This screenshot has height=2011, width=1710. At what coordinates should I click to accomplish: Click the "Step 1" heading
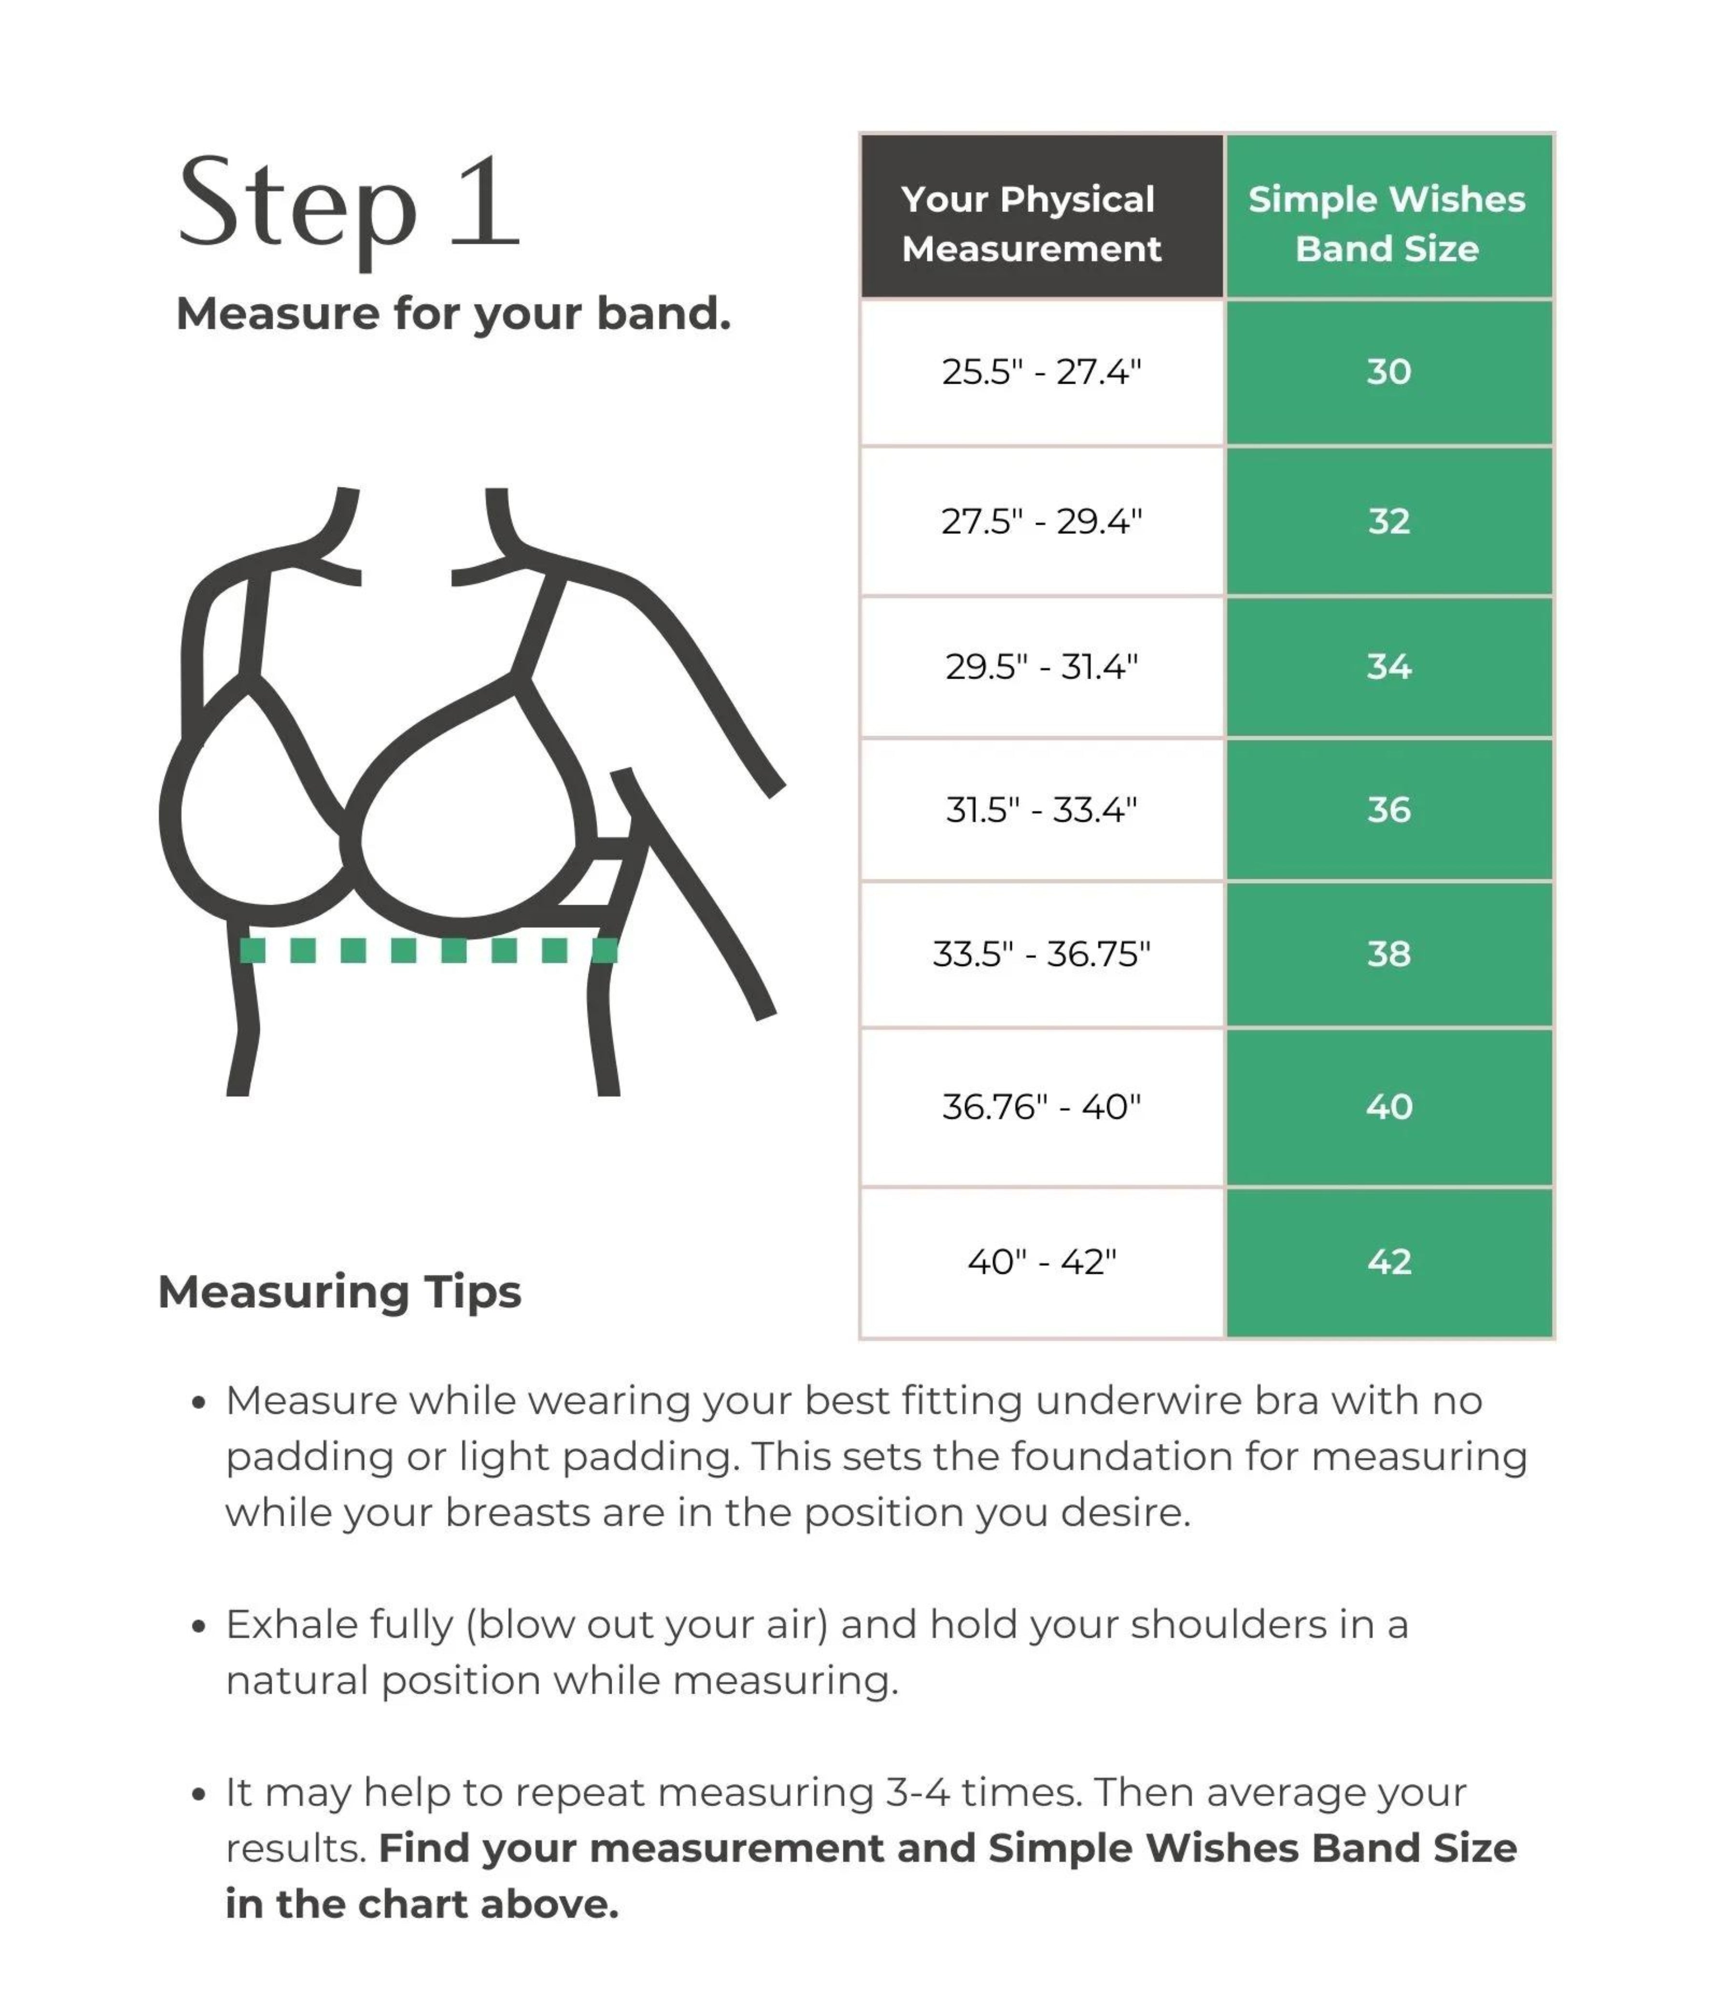pos(349,206)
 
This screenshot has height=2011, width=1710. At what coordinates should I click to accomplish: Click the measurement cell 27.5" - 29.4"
pos(1041,521)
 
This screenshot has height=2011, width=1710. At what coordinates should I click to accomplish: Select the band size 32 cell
pos(1388,521)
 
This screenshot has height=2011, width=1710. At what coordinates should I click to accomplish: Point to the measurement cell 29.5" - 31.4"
pos(1041,667)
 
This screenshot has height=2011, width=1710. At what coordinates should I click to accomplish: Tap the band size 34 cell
pos(1388,667)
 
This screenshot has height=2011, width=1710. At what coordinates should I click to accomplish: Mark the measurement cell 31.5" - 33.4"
pos(1041,809)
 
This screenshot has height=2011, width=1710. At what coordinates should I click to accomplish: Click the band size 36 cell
pos(1388,809)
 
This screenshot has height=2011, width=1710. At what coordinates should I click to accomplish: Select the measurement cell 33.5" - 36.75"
pos(1041,954)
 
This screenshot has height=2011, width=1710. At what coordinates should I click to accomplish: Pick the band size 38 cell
pos(1388,954)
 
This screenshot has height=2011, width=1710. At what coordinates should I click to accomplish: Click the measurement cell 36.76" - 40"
pos(1041,1107)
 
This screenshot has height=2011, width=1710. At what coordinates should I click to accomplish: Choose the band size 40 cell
pos(1388,1107)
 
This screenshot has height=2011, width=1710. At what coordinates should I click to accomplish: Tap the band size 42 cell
pos(1388,1262)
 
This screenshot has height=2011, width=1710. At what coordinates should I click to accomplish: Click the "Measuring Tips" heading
pos(339,1292)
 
